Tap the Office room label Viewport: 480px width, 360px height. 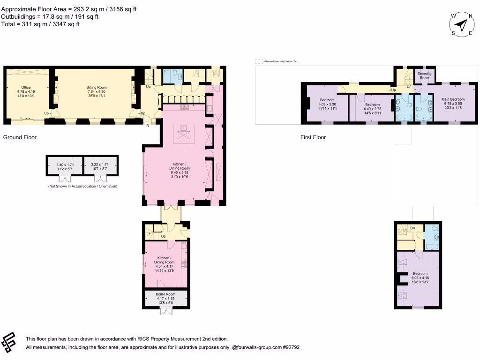point(26,87)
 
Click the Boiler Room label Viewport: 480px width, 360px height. point(166,294)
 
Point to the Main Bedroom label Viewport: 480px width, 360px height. point(453,99)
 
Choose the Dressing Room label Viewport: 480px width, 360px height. point(424,75)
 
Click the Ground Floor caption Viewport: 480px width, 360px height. point(20,137)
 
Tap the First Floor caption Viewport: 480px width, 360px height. point(313,137)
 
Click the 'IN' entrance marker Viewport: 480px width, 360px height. point(147,126)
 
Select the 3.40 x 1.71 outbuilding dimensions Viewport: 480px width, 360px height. point(65,165)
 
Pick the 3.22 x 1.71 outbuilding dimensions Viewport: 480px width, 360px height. point(99,165)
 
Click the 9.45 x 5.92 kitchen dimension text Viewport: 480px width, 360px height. point(180,173)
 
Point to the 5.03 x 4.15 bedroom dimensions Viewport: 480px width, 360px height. point(420,278)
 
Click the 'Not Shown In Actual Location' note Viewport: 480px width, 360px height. point(82,187)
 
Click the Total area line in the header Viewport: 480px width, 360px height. point(41,24)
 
